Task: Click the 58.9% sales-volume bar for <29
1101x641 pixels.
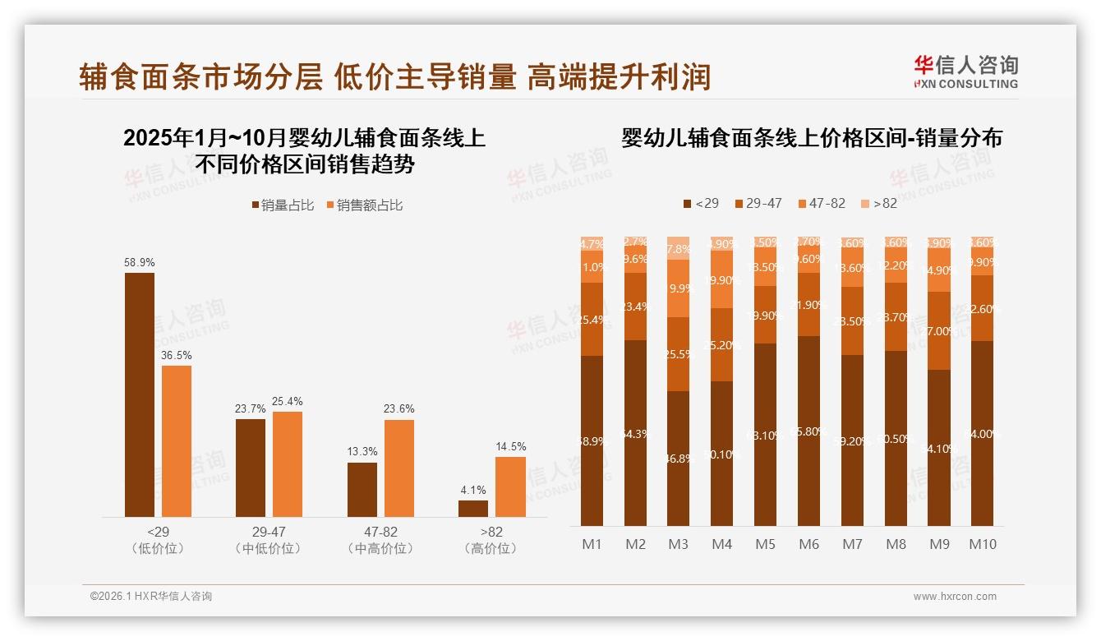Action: click(140, 394)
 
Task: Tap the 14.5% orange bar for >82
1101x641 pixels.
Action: click(510, 487)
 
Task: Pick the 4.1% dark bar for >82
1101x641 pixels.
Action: click(473, 509)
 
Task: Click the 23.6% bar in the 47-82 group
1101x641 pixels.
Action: click(399, 468)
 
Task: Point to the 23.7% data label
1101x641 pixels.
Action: click(251, 409)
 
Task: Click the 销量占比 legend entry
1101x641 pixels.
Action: click(283, 205)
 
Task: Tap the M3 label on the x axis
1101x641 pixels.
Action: click(678, 544)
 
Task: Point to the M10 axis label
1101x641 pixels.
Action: click(982, 544)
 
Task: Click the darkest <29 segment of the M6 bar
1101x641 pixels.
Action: click(808, 431)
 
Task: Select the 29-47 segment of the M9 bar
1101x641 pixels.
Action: click(939, 331)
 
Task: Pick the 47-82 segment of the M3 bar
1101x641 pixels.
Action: click(678, 288)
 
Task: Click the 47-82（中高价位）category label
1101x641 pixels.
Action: click(380, 540)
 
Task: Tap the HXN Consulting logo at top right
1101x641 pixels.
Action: click(965, 71)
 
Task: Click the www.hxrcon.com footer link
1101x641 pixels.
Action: click(955, 597)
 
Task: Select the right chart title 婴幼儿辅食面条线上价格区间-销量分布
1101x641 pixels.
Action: click(812, 138)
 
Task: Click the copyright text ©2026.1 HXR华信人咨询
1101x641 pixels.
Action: click(151, 597)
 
